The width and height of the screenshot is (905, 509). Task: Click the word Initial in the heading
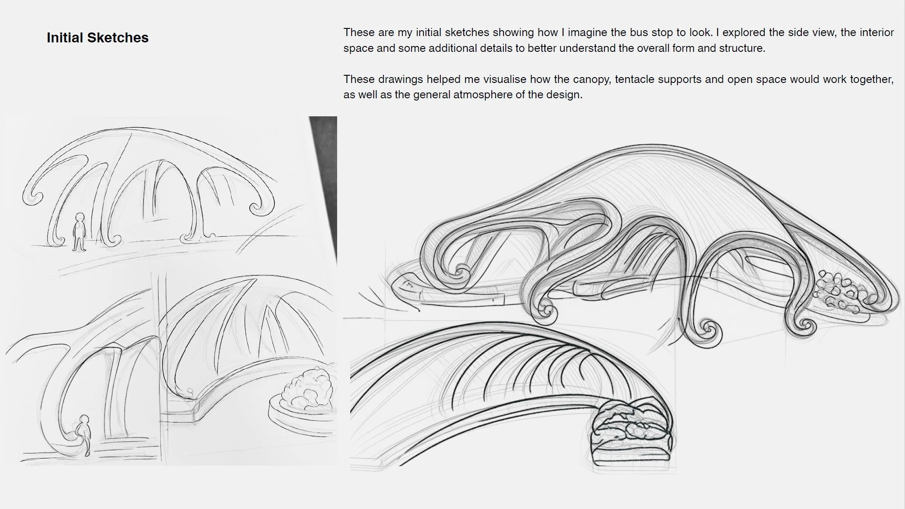click(65, 38)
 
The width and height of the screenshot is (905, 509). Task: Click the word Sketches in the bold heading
click(118, 38)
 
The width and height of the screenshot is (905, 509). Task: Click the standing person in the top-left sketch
click(80, 232)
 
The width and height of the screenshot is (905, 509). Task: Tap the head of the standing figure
click(80, 218)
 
